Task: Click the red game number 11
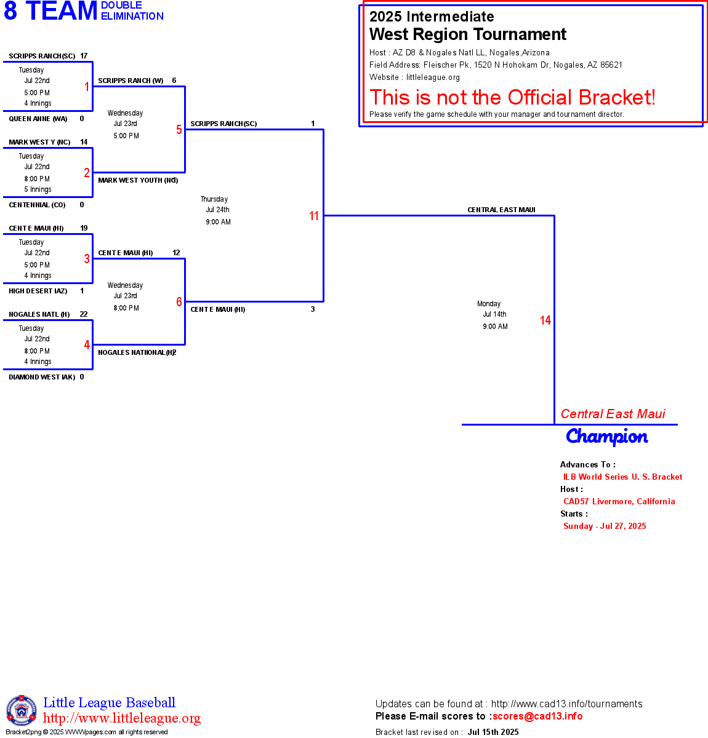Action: (x=314, y=216)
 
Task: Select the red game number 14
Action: (x=545, y=320)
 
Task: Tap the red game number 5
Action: (x=179, y=130)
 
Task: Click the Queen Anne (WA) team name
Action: (x=38, y=119)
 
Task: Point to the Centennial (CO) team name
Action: (x=37, y=205)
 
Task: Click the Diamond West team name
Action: (x=42, y=377)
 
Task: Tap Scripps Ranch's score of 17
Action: (x=84, y=56)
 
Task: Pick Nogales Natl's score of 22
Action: (x=84, y=314)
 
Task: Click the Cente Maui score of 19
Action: (x=84, y=228)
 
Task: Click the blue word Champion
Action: (x=607, y=437)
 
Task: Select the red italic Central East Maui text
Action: (x=613, y=414)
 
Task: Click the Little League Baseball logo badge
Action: (x=22, y=710)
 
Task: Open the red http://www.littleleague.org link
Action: (x=122, y=718)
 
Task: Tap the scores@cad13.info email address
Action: (x=537, y=716)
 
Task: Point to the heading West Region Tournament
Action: (x=468, y=34)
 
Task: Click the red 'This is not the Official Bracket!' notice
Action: (x=512, y=97)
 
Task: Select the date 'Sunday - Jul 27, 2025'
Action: (x=605, y=526)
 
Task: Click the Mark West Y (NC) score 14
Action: (x=84, y=142)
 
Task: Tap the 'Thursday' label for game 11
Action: (x=214, y=199)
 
